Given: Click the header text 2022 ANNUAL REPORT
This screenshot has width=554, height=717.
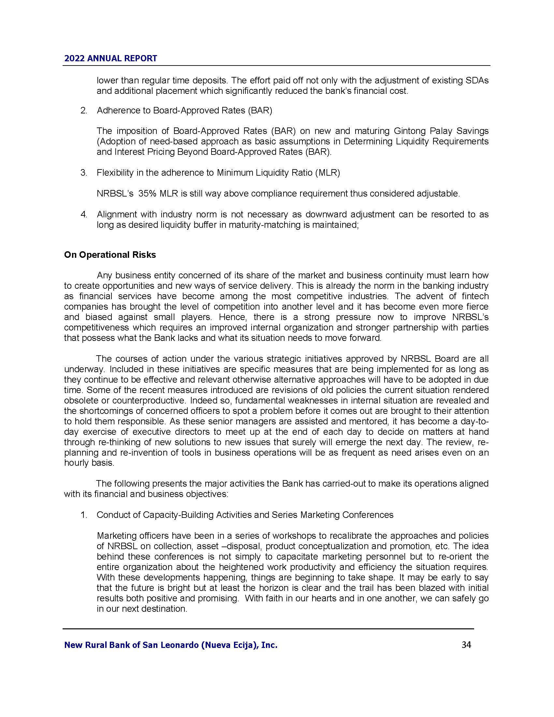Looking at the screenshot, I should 110,58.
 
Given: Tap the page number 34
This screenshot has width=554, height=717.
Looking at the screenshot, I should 466,645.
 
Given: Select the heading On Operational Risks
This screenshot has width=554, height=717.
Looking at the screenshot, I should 110,255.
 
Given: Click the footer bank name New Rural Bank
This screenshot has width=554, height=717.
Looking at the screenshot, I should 171,645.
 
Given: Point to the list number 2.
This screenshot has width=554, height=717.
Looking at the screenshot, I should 84,110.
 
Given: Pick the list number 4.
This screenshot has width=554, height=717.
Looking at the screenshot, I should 84,214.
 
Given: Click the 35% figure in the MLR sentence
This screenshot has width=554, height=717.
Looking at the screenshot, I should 147,193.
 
